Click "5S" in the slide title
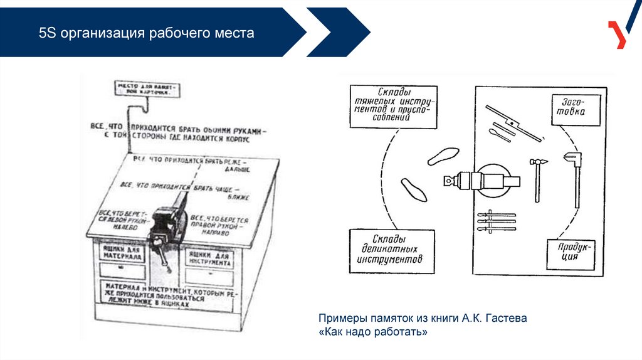coord(47,33)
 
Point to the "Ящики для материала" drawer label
coord(122,253)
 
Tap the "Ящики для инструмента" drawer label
coord(208,259)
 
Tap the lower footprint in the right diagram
coord(414,189)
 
